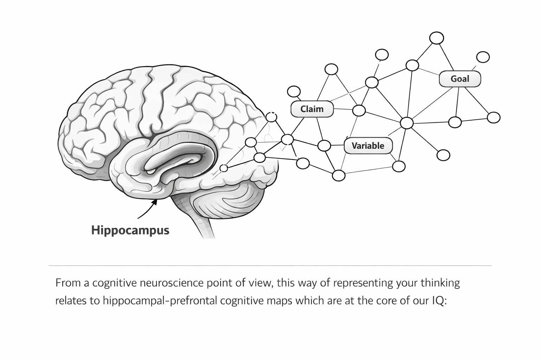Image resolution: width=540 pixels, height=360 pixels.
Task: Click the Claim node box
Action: coord(312,109)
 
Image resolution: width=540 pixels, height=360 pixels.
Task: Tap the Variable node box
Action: coord(368,146)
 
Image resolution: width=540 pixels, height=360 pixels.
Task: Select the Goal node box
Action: coord(459,79)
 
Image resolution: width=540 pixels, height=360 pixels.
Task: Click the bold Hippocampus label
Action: coord(130,230)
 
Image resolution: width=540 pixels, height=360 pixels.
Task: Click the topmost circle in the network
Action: coord(437,38)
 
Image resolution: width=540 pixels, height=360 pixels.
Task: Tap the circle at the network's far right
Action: coord(494,117)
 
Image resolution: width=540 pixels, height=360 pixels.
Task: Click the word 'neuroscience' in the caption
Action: coord(170,283)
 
